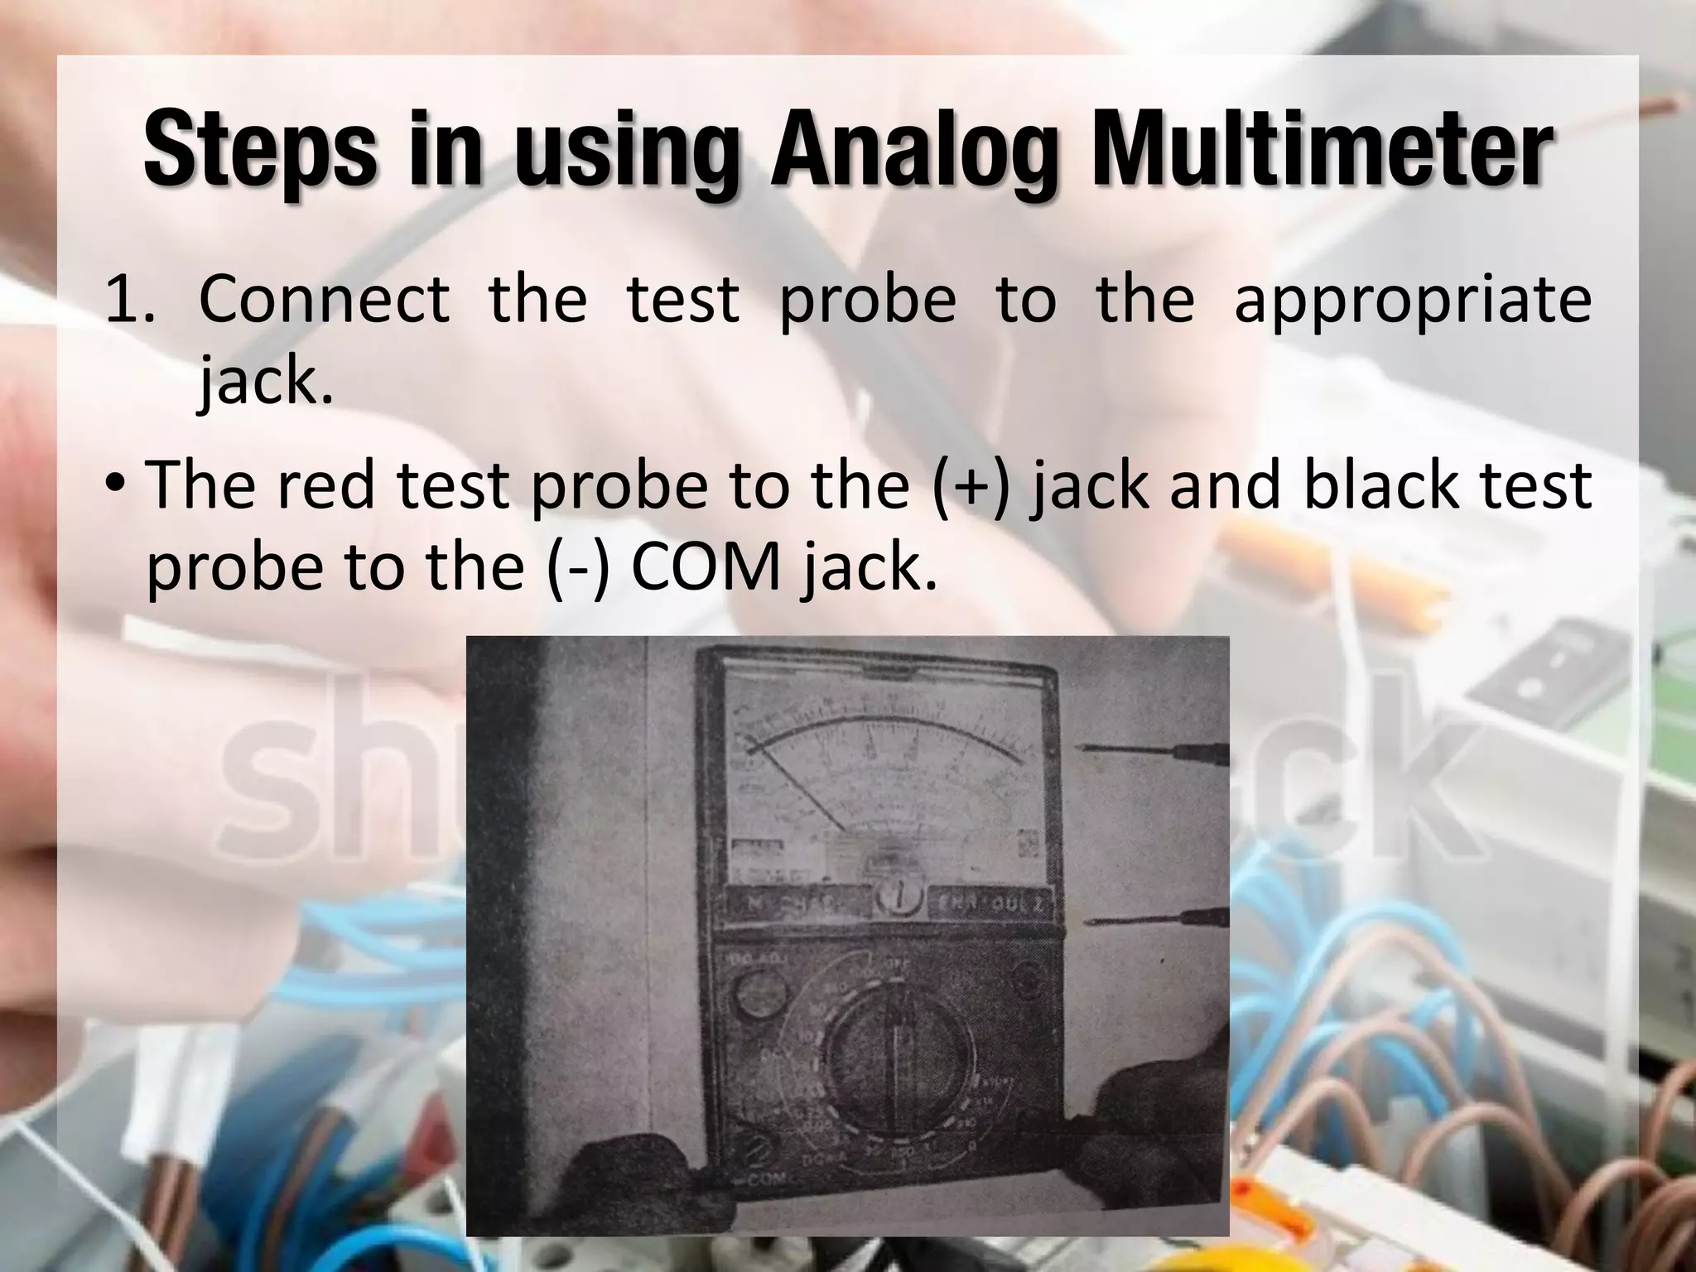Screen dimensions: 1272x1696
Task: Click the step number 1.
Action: click(x=128, y=300)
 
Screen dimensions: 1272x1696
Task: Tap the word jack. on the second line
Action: click(x=265, y=383)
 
